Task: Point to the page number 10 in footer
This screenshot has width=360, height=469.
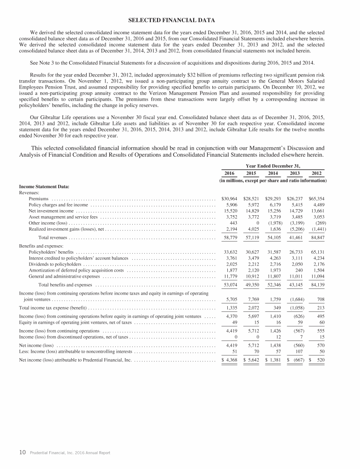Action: pos(22,453)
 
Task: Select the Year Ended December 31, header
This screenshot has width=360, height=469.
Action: pos(273,166)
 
